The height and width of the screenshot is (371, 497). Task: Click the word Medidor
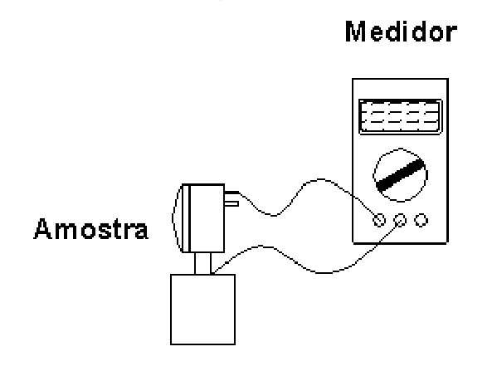(x=401, y=32)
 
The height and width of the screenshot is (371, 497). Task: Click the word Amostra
(x=91, y=228)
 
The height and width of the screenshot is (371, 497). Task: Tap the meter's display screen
(x=400, y=117)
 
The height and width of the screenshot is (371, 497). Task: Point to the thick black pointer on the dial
(x=400, y=175)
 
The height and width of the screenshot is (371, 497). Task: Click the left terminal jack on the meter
(x=379, y=220)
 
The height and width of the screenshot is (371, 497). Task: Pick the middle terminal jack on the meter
(x=400, y=220)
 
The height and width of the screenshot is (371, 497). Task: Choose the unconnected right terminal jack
(x=421, y=220)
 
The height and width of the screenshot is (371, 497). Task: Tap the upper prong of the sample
(x=231, y=193)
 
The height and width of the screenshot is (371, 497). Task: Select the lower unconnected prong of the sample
(x=231, y=203)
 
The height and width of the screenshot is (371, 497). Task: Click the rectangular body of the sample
(x=207, y=218)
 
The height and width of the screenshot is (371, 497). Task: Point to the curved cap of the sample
(x=173, y=218)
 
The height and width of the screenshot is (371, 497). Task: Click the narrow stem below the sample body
(x=202, y=263)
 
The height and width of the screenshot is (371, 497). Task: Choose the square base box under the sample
(x=202, y=310)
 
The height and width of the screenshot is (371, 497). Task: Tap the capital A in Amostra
(x=43, y=228)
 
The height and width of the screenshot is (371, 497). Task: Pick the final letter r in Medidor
(x=452, y=34)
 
